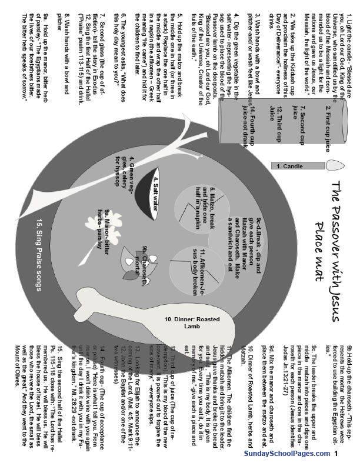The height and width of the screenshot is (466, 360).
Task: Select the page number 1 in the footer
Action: (x=335, y=454)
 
